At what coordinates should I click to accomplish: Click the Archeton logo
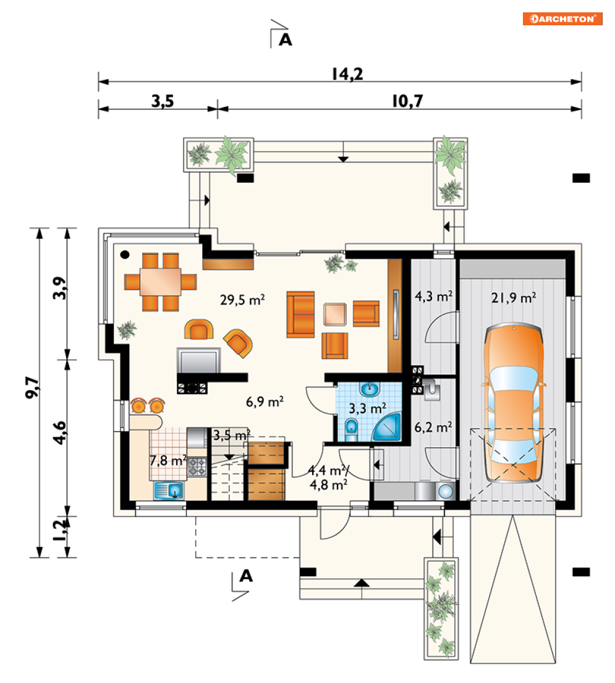(562, 19)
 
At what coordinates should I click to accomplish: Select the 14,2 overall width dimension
(347, 74)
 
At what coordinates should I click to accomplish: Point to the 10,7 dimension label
(407, 101)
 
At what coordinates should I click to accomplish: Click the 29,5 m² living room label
(242, 300)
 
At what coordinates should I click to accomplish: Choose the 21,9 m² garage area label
(514, 298)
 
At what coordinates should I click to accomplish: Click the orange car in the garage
(514, 403)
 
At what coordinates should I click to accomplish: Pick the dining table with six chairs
(161, 282)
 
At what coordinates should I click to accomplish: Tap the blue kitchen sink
(169, 490)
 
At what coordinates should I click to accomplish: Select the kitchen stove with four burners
(197, 466)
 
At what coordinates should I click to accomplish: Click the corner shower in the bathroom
(386, 427)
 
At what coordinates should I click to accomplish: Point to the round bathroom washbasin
(370, 388)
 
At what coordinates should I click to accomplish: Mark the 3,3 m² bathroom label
(367, 409)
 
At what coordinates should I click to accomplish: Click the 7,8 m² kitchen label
(168, 461)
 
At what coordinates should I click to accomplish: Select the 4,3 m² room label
(433, 296)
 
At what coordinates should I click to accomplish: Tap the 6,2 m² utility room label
(433, 427)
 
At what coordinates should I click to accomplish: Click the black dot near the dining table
(125, 255)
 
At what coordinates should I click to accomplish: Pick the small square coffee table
(335, 314)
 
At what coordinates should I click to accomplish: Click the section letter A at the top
(285, 40)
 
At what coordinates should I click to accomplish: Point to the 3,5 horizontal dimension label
(163, 101)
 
